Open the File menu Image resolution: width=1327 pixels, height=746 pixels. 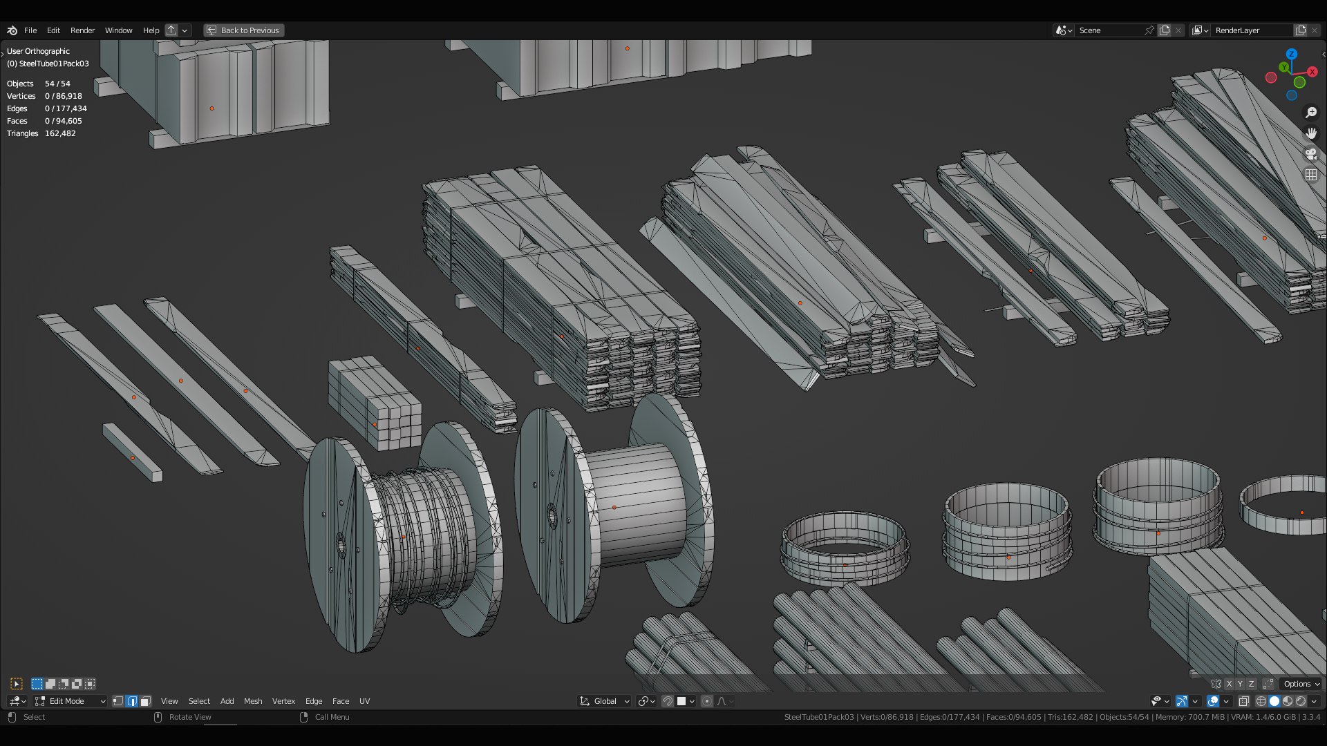coord(30,30)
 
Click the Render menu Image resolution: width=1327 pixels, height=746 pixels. coord(82,30)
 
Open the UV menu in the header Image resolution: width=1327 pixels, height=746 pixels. coord(364,701)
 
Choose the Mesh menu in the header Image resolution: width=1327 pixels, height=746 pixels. coord(253,701)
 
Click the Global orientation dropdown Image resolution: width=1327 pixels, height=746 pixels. coord(605,701)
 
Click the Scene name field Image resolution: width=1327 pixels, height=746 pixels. coord(1109,30)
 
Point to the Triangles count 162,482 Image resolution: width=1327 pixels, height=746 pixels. coord(60,133)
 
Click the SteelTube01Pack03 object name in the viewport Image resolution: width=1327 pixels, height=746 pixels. coord(54,64)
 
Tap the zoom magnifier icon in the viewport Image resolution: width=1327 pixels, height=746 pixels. coord(1311,113)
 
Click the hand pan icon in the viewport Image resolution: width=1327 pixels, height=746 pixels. coord(1311,133)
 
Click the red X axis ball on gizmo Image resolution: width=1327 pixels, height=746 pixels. coord(1312,72)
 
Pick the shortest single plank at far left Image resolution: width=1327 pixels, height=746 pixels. coord(133,453)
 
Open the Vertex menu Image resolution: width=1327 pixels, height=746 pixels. coord(283,701)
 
